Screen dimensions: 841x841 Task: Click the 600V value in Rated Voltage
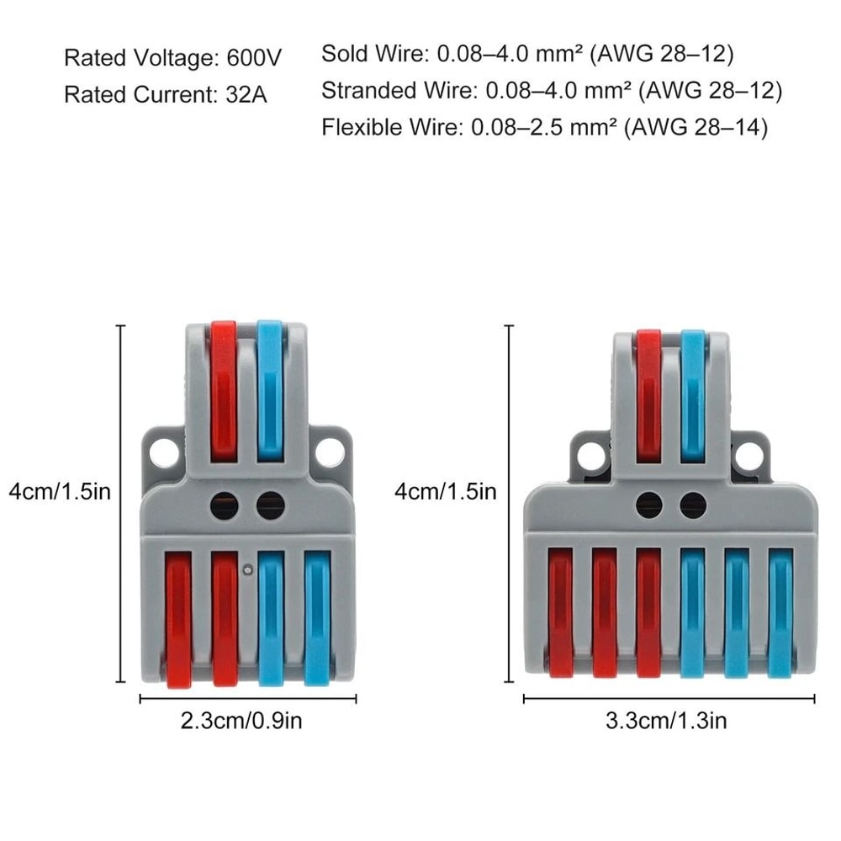pos(255,59)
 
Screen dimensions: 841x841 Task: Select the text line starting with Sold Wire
pos(527,55)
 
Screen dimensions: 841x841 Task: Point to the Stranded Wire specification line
pos(551,91)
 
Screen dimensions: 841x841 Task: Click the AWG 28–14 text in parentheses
pos(698,128)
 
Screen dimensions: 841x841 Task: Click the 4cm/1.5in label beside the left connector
pos(59,491)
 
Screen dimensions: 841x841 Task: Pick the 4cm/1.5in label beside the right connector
pos(446,491)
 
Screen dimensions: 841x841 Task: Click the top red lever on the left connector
pos(224,391)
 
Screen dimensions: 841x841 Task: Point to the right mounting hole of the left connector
pos(331,453)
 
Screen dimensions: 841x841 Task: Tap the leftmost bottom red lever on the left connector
pos(178,618)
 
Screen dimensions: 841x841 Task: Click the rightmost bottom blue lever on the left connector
pos(316,618)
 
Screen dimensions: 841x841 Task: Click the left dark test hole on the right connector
pos(648,505)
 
